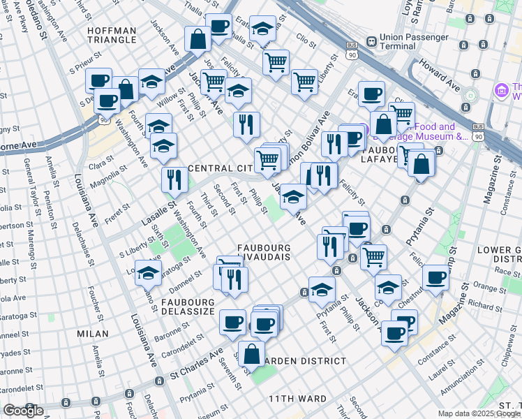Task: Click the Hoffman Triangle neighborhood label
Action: (x=112, y=34)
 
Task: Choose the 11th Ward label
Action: (x=298, y=399)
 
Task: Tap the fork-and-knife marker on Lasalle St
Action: (x=172, y=180)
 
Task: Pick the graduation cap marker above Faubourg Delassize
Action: (x=148, y=272)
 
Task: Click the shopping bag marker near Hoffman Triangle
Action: (x=197, y=39)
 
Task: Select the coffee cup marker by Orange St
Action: (x=436, y=277)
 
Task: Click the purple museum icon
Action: (x=500, y=91)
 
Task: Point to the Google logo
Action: (x=24, y=411)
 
